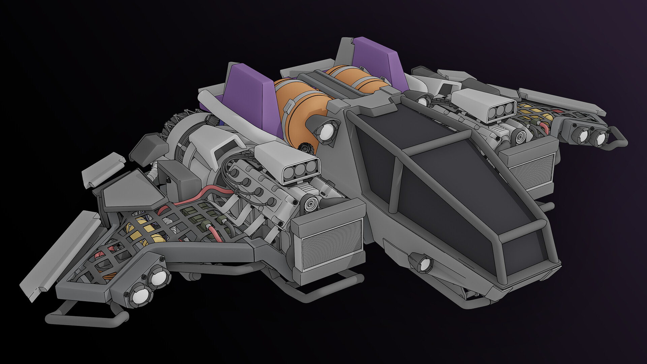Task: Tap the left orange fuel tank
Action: pyautogui.click(x=300, y=108)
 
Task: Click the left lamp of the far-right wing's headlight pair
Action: pyautogui.click(x=583, y=135)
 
